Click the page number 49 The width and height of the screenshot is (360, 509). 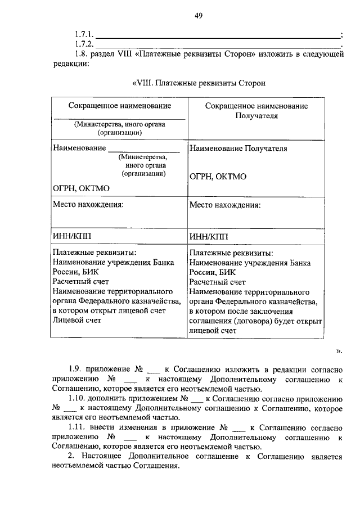coord(199,16)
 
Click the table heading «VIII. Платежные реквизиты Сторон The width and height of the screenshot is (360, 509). coord(198,83)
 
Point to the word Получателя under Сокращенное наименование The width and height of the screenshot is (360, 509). coord(256,115)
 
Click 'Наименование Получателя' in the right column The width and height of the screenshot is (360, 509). coord(238,149)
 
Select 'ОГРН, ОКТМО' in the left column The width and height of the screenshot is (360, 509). coord(81,188)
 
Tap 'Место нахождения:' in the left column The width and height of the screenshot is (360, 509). coord(88,204)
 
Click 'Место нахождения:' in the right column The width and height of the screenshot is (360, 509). coord(225,205)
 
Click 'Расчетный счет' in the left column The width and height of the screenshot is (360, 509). coord(80,281)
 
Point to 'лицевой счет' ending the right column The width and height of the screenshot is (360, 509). coord(213,331)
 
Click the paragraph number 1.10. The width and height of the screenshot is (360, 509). coord(78,398)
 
